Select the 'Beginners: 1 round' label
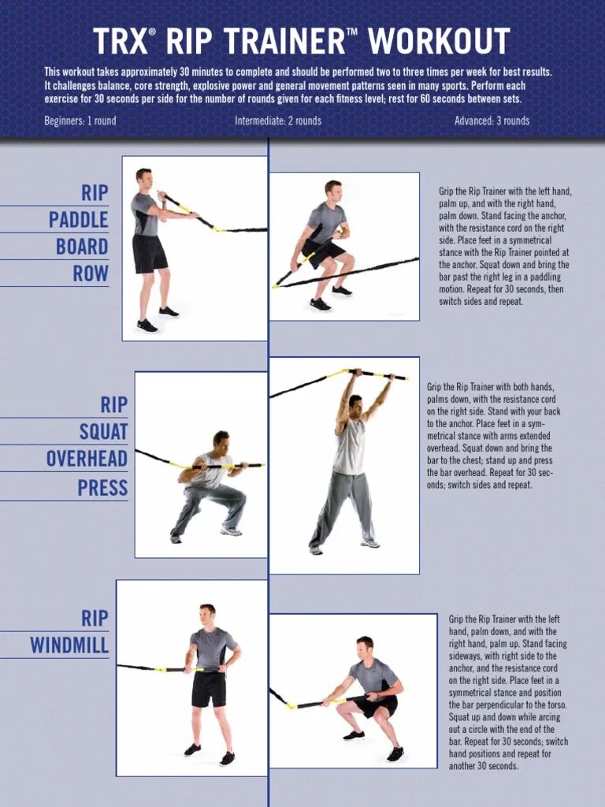pyautogui.click(x=80, y=121)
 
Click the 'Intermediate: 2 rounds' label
pyautogui.click(x=278, y=121)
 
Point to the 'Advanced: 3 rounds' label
pyautogui.click(x=492, y=121)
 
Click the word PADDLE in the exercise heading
pyautogui.click(x=79, y=220)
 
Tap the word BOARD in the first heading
pyautogui.click(x=82, y=247)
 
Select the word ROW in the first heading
pyautogui.click(x=91, y=273)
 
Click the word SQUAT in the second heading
pyautogui.click(x=103, y=432)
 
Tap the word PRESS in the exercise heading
pyautogui.click(x=102, y=488)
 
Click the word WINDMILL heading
pyautogui.click(x=69, y=646)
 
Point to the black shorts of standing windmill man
pyautogui.click(x=209, y=688)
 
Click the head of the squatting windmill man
pyautogui.click(x=364, y=645)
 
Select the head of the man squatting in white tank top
pyautogui.click(x=221, y=440)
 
